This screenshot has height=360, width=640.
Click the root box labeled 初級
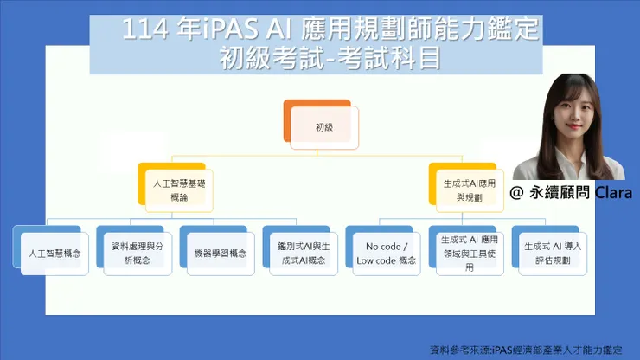[x=324, y=126]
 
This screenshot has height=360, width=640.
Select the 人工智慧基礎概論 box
[x=177, y=190]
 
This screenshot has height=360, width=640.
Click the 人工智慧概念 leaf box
[x=52, y=254]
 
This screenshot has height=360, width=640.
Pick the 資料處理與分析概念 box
[x=135, y=254]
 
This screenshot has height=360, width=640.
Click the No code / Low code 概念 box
[x=385, y=254]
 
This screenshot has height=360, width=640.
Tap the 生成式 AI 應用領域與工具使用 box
[x=469, y=254]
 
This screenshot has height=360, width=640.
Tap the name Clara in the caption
[x=614, y=192]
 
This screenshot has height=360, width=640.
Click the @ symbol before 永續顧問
[x=516, y=192]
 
